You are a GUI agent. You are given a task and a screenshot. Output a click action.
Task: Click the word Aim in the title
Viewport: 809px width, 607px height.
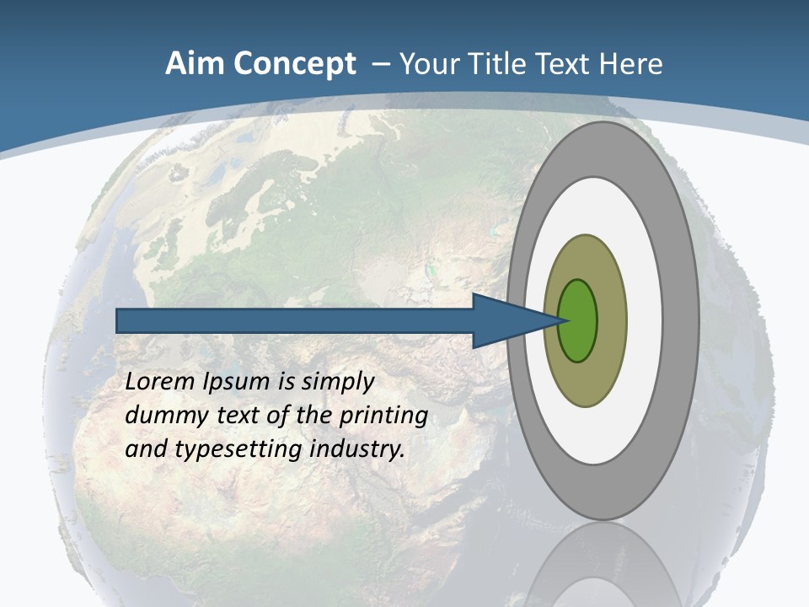click(x=194, y=64)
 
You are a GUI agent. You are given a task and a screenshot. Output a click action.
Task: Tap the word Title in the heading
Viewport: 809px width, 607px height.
click(x=497, y=64)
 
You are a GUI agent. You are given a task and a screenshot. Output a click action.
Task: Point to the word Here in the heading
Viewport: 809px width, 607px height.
click(x=630, y=64)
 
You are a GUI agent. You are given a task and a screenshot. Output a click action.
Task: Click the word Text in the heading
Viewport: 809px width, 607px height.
click(x=564, y=64)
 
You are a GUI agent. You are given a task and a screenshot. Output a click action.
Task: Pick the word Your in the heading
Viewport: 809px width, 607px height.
click(x=429, y=64)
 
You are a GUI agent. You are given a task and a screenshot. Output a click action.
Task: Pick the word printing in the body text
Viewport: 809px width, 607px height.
click(x=383, y=416)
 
